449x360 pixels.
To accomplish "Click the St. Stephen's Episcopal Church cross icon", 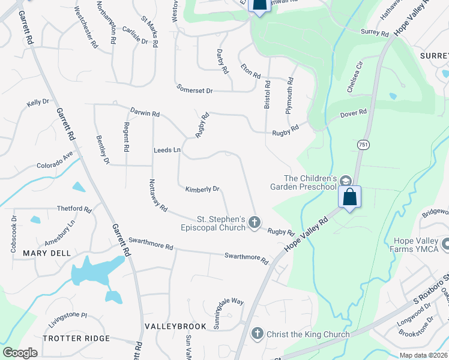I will [x=254, y=223].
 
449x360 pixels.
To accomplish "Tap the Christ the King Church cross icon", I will [x=258, y=333].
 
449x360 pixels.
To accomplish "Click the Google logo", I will [x=20, y=352].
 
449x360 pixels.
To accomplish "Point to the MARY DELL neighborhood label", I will [x=43, y=253].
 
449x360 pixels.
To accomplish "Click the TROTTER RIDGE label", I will [x=74, y=338].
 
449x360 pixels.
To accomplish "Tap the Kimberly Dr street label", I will [x=202, y=189].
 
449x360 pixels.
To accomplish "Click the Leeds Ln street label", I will [x=167, y=149].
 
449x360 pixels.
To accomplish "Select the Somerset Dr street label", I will [x=195, y=89].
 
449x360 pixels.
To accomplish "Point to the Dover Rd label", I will [x=354, y=113].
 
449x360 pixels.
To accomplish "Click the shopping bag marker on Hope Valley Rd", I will [x=349, y=197].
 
